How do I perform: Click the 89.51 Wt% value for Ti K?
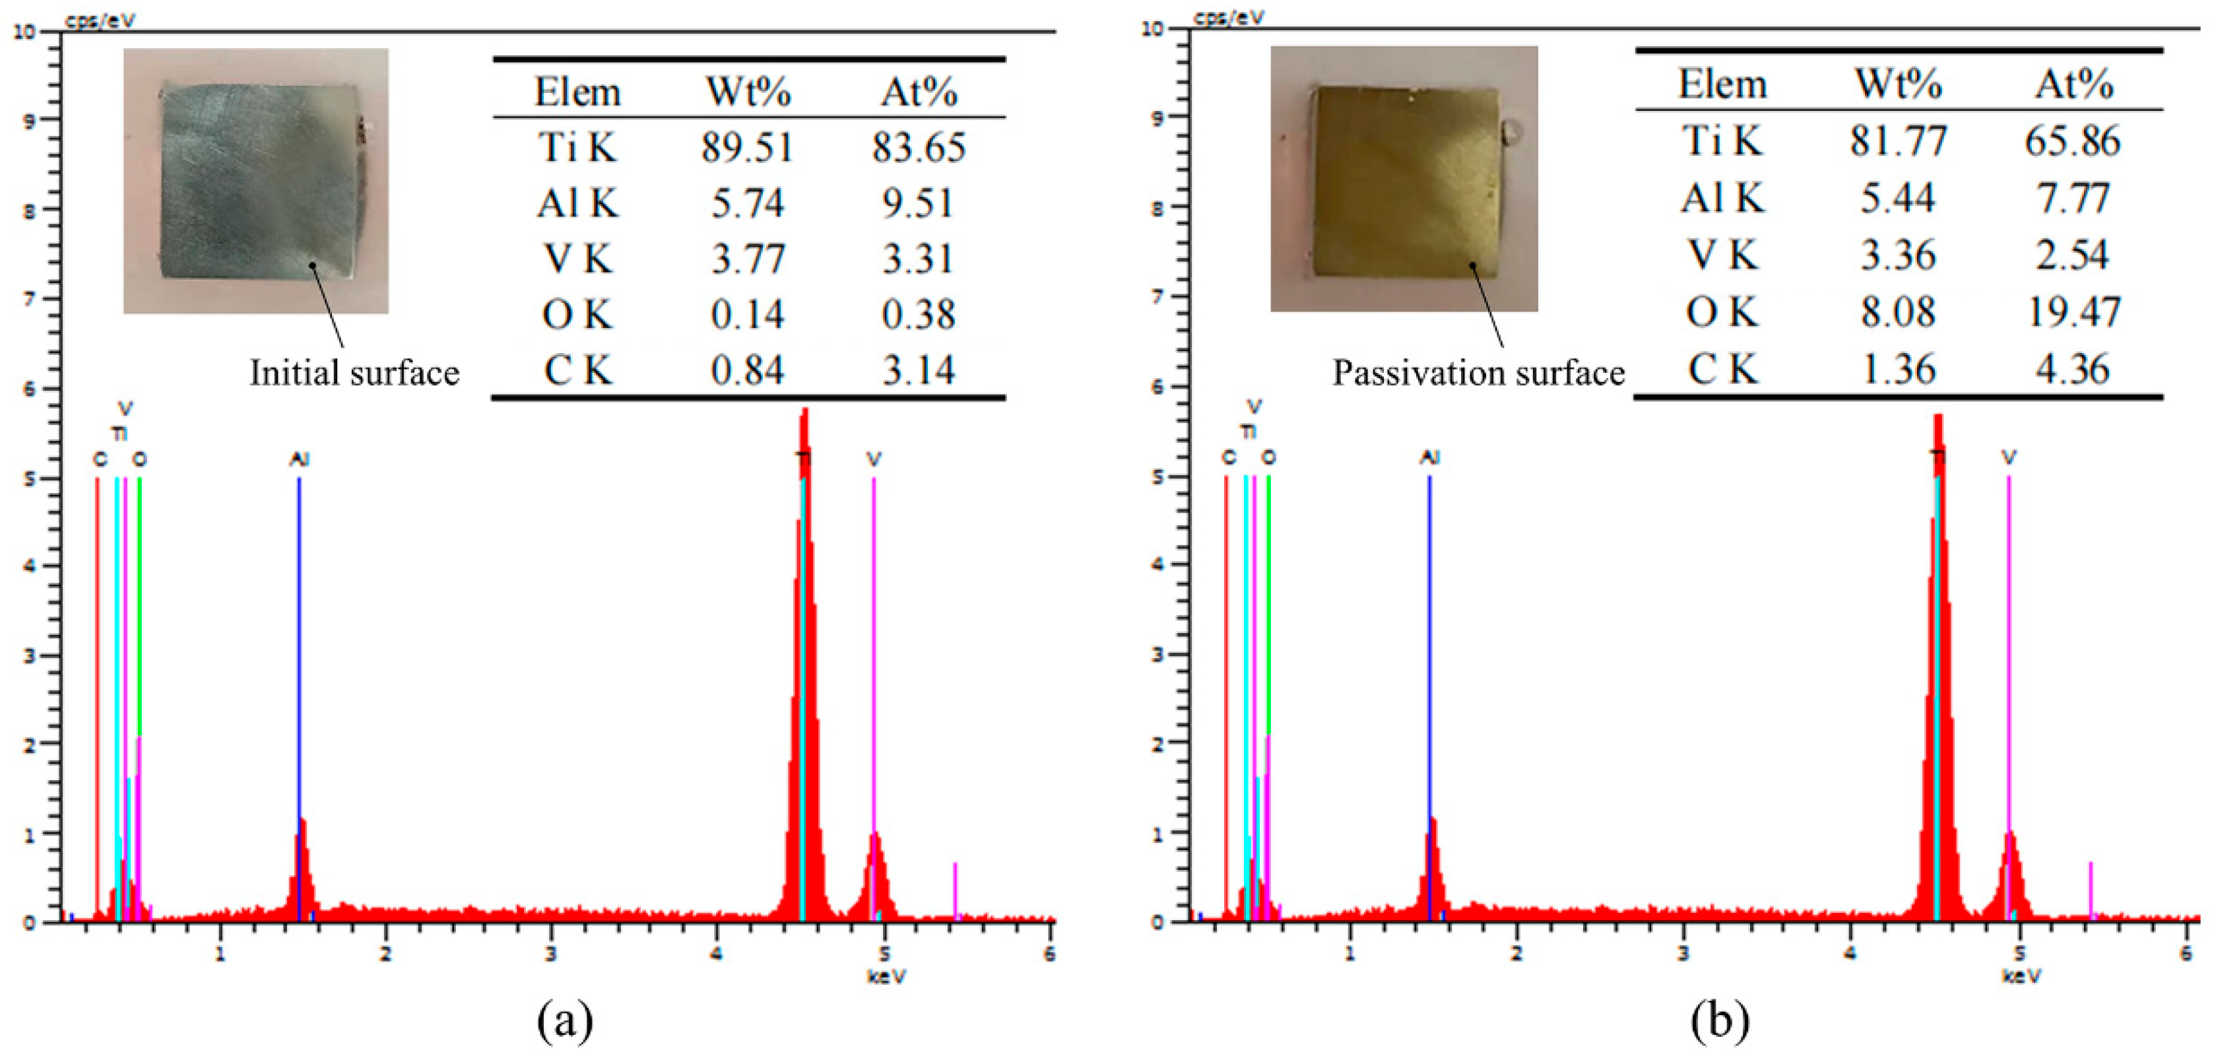click(x=746, y=148)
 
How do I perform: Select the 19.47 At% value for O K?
click(x=2073, y=313)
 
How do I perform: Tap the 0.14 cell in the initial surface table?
click(x=746, y=315)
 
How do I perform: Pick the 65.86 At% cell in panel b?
click(x=2073, y=141)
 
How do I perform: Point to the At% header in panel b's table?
click(x=2073, y=84)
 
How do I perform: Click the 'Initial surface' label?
click(x=354, y=373)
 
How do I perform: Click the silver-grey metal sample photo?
click(x=256, y=180)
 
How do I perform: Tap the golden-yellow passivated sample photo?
click(x=1404, y=179)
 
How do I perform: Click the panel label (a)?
click(x=565, y=1022)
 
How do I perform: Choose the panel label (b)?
click(x=1719, y=1022)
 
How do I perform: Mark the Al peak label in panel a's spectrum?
click(x=298, y=460)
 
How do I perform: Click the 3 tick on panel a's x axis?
click(x=551, y=954)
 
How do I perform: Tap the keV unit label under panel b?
click(x=2021, y=975)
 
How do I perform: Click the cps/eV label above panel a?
click(x=100, y=20)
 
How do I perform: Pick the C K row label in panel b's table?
click(x=1722, y=370)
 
